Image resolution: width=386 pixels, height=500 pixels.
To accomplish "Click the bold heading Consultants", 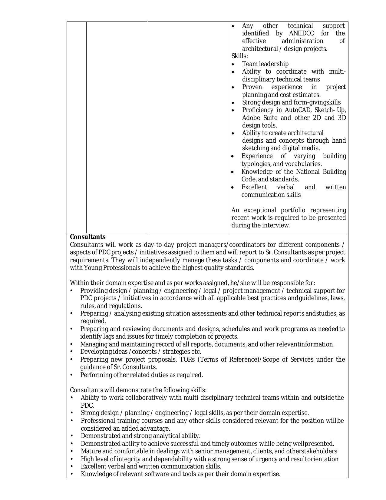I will tap(88, 237).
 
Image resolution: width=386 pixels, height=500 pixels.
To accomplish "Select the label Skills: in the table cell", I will tap(239, 56).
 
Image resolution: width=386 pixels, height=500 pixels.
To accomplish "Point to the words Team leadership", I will tap(265, 64).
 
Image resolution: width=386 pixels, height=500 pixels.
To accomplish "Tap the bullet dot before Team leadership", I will tap(233, 64).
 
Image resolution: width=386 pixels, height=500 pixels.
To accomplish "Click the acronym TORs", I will tap(187, 359).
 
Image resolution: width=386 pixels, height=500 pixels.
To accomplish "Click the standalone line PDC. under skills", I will tap(87, 405).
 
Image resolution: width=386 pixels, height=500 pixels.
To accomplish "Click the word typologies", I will tap(256, 164).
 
